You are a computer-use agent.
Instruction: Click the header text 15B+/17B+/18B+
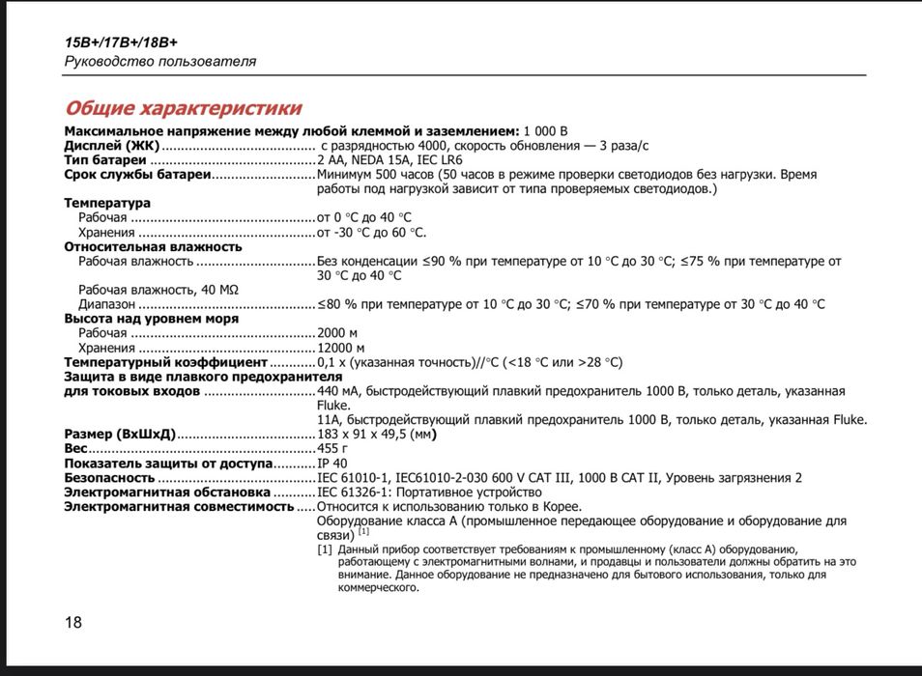point(121,42)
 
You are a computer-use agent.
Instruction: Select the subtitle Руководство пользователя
point(160,61)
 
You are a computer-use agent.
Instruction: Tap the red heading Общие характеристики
point(183,108)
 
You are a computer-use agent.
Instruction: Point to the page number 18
point(73,622)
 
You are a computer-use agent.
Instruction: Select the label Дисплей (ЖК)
point(111,146)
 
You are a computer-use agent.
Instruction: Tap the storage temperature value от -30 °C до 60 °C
point(371,233)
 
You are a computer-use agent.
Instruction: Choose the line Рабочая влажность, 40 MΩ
point(158,290)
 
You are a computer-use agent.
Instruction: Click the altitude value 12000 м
point(341,348)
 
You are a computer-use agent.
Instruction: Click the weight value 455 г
point(332,449)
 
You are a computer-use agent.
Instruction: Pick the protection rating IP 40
point(332,464)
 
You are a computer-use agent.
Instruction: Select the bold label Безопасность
point(109,478)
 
